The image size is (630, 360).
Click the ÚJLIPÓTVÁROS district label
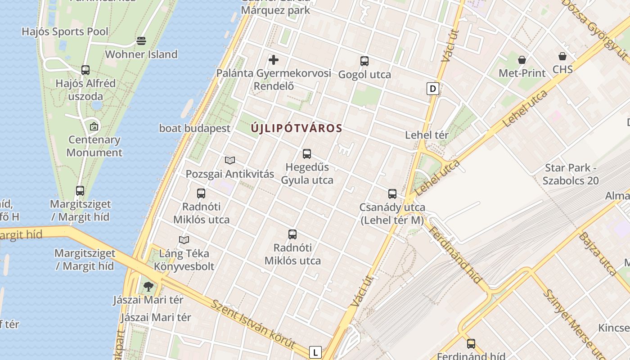click(297, 128)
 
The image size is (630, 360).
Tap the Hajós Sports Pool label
click(65, 31)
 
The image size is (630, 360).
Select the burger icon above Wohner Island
click(141, 41)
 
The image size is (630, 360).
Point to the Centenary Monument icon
click(94, 126)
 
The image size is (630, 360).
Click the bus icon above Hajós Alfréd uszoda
click(85, 70)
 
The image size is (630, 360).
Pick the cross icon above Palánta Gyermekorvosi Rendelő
click(274, 59)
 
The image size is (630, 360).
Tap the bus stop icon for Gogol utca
click(364, 61)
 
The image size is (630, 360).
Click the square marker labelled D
click(433, 89)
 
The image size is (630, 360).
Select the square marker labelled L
click(315, 352)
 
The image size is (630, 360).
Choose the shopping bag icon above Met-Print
click(522, 59)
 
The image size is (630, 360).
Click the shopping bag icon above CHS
click(562, 56)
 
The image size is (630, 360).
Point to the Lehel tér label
click(427, 135)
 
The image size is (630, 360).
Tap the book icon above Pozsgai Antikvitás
click(230, 160)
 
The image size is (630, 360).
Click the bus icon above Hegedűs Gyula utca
click(307, 154)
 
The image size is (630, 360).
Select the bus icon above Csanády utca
click(392, 194)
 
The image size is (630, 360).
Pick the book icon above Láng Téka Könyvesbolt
click(184, 240)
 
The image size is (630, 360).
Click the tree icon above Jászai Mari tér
click(148, 286)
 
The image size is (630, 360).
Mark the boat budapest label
click(195, 128)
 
